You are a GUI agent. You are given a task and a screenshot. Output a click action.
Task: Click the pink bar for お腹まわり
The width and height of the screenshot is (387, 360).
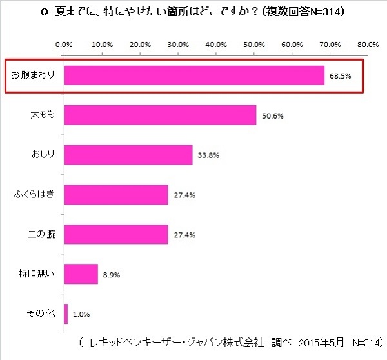pos(193,76)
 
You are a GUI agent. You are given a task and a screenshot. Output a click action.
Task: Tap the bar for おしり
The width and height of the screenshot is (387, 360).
pos(128,155)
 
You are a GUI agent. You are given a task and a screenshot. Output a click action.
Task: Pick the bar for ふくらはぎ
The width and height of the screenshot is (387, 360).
pos(116,194)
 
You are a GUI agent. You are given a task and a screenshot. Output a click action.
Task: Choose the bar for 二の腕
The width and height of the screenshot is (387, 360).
pos(116,234)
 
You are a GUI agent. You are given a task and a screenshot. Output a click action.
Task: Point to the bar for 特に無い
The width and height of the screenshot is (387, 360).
pos(81,274)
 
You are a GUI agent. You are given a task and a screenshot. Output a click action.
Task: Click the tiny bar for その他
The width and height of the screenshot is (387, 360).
pos(66,313)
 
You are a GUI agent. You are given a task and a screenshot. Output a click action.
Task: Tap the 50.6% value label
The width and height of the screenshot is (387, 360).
pos(273,116)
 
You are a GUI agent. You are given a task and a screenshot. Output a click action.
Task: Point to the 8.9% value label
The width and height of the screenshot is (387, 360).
pos(111,274)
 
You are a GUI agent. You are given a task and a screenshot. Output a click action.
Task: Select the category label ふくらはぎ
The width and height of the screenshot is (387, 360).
pos(35,194)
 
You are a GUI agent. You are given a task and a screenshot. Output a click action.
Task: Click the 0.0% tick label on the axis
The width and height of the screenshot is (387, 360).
pos(64,45)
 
